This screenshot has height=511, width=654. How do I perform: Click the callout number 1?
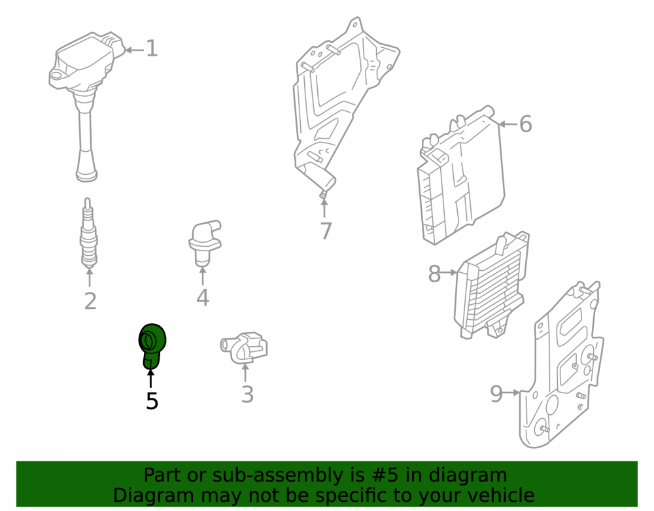152,49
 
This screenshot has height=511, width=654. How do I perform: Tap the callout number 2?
90,301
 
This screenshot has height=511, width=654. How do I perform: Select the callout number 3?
247,394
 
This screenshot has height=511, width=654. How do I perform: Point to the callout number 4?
203,298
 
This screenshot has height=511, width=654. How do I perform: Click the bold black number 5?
152,401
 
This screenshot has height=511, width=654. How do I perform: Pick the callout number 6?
526,124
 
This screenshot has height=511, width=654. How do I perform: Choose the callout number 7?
326,231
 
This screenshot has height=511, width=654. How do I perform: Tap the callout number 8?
435,273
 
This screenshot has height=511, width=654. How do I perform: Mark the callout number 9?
496,393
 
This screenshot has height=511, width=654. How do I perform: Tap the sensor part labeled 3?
244,347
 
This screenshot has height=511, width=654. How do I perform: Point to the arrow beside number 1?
134,50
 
